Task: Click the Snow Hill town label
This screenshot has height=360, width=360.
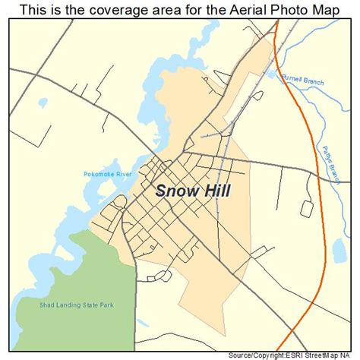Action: [x=193, y=190]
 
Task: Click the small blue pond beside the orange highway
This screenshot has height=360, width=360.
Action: [x=338, y=249]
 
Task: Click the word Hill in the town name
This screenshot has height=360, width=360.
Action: [x=216, y=190]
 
